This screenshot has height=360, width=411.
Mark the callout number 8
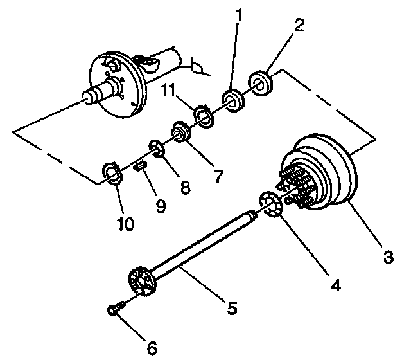[x=185, y=187]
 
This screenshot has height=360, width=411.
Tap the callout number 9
[x=159, y=205]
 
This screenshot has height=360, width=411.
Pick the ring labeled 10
[x=113, y=172]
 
